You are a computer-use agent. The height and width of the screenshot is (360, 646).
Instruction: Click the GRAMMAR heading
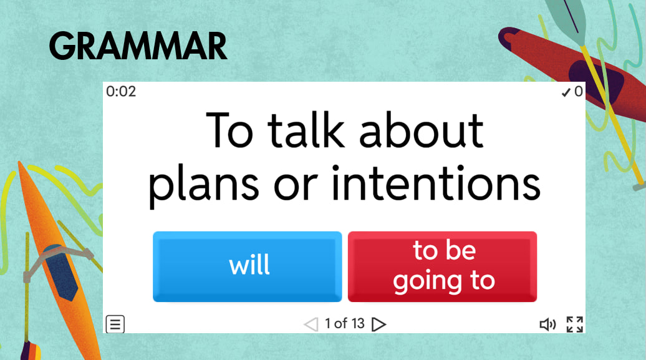pyautogui.click(x=138, y=46)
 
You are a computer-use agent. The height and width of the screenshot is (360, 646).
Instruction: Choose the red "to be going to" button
pyautogui.click(x=442, y=266)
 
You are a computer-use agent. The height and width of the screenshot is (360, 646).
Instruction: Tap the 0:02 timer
pyautogui.click(x=121, y=91)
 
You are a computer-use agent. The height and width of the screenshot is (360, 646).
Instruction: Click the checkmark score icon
pyautogui.click(x=566, y=92)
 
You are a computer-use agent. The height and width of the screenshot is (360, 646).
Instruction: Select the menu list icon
pyautogui.click(x=115, y=324)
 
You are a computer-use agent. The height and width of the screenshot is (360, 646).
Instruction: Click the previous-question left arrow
pyautogui.click(x=311, y=324)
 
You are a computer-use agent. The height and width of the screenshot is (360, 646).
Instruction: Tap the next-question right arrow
pyautogui.click(x=378, y=324)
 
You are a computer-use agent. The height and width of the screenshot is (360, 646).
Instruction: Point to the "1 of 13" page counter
pyautogui.click(x=344, y=323)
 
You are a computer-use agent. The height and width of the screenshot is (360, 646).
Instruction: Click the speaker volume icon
pyautogui.click(x=547, y=324)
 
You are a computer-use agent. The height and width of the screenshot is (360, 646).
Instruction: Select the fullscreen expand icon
pyautogui.click(x=574, y=324)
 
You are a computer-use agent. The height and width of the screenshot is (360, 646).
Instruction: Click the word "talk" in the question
pyautogui.click(x=306, y=130)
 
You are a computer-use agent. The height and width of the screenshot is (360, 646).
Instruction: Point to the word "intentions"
pyautogui.click(x=436, y=183)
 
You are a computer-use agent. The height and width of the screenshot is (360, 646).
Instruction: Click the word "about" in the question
pyautogui.click(x=421, y=130)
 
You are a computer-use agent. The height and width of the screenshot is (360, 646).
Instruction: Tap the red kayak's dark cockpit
pyautogui.click(x=595, y=81)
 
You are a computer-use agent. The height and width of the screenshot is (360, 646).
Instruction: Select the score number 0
pyautogui.click(x=579, y=92)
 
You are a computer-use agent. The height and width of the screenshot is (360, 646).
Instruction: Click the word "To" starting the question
pyautogui.click(x=229, y=130)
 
